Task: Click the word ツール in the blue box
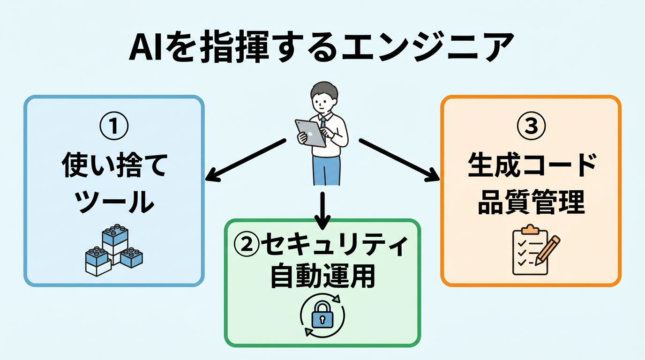coord(114,202)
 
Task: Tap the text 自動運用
coord(322,277)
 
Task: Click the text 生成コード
coord(532,166)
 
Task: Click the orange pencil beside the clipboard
coord(548,249)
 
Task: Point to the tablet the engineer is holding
coord(310,132)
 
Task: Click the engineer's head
coord(323,96)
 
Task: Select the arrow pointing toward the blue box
coord(246,160)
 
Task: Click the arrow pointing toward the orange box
coord(398,159)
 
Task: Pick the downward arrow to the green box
coord(322,206)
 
